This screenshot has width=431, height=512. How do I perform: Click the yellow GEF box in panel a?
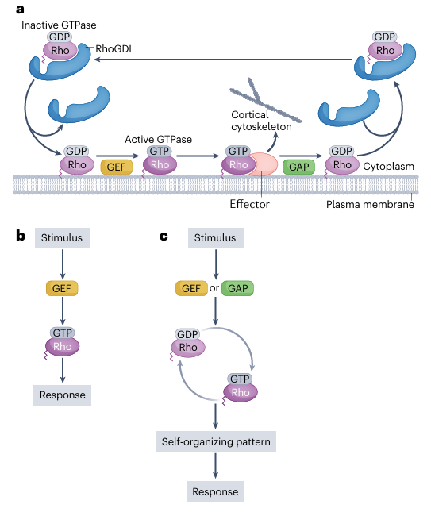pos(117,167)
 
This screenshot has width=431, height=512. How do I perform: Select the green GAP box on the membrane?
pos(298,167)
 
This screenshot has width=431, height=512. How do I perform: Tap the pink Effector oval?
pos(264,164)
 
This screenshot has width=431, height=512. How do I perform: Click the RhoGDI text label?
pos(114,49)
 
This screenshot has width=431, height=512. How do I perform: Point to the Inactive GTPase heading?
pos(59,25)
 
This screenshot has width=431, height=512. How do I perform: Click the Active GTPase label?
pos(159,140)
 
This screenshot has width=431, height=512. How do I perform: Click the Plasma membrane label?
pos(370,205)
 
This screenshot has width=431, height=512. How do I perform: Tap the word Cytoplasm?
pos(389,166)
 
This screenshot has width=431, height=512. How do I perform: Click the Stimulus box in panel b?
pos(63,237)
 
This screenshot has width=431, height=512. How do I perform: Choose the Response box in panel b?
pos(63,395)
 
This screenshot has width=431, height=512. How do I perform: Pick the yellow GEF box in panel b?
pos(62,288)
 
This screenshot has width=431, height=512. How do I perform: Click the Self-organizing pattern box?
pos(216,441)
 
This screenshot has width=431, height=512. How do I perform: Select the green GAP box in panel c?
pos(237,288)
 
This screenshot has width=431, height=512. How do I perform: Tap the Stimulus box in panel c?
pos(216,237)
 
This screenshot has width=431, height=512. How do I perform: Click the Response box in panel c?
pos(216,491)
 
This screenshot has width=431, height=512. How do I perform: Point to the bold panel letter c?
pos(164,236)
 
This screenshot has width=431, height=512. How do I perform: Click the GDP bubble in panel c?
pos(187,334)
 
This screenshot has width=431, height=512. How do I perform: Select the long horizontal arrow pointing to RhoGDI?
pos(223,60)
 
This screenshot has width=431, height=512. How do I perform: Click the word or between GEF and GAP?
pos(214,288)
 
